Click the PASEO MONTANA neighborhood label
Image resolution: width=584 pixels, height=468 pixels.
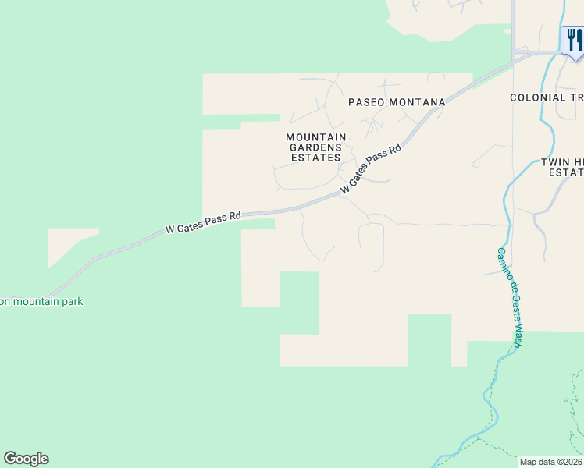click(x=397, y=102)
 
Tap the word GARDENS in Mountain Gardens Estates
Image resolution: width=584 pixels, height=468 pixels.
click(x=316, y=147)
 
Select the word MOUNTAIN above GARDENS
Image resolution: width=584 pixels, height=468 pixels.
click(x=316, y=136)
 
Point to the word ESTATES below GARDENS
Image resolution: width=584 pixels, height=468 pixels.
click(x=316, y=157)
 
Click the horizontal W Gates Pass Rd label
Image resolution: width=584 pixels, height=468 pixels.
click(x=204, y=222)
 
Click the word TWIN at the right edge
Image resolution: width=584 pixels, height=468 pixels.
click(x=555, y=162)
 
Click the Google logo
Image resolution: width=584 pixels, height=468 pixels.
click(x=26, y=459)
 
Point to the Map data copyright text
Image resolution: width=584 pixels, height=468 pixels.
click(x=551, y=462)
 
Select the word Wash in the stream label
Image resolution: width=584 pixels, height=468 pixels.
click(x=518, y=337)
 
